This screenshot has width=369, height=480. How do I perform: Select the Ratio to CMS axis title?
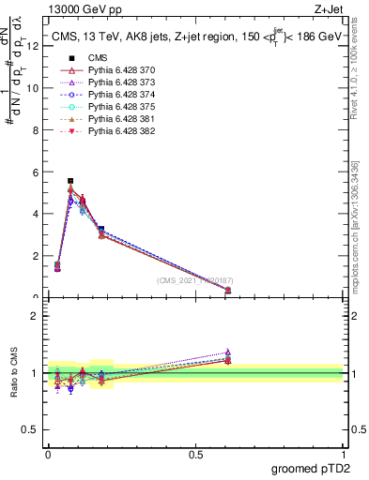14,373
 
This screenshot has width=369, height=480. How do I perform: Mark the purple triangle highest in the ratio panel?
228,352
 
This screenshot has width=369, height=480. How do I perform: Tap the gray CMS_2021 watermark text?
195,280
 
